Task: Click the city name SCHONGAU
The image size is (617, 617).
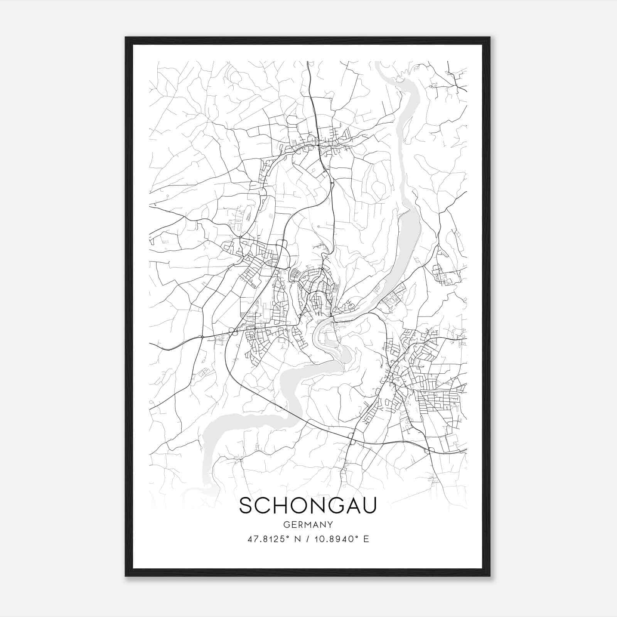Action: pyautogui.click(x=308, y=506)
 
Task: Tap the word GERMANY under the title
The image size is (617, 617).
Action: pyautogui.click(x=308, y=524)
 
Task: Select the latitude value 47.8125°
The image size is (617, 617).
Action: pyautogui.click(x=269, y=539)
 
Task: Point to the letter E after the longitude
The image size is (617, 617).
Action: pyautogui.click(x=366, y=539)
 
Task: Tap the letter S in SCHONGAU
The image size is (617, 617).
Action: pyautogui.click(x=247, y=506)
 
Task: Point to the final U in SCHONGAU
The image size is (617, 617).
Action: pyautogui.click(x=369, y=506)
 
